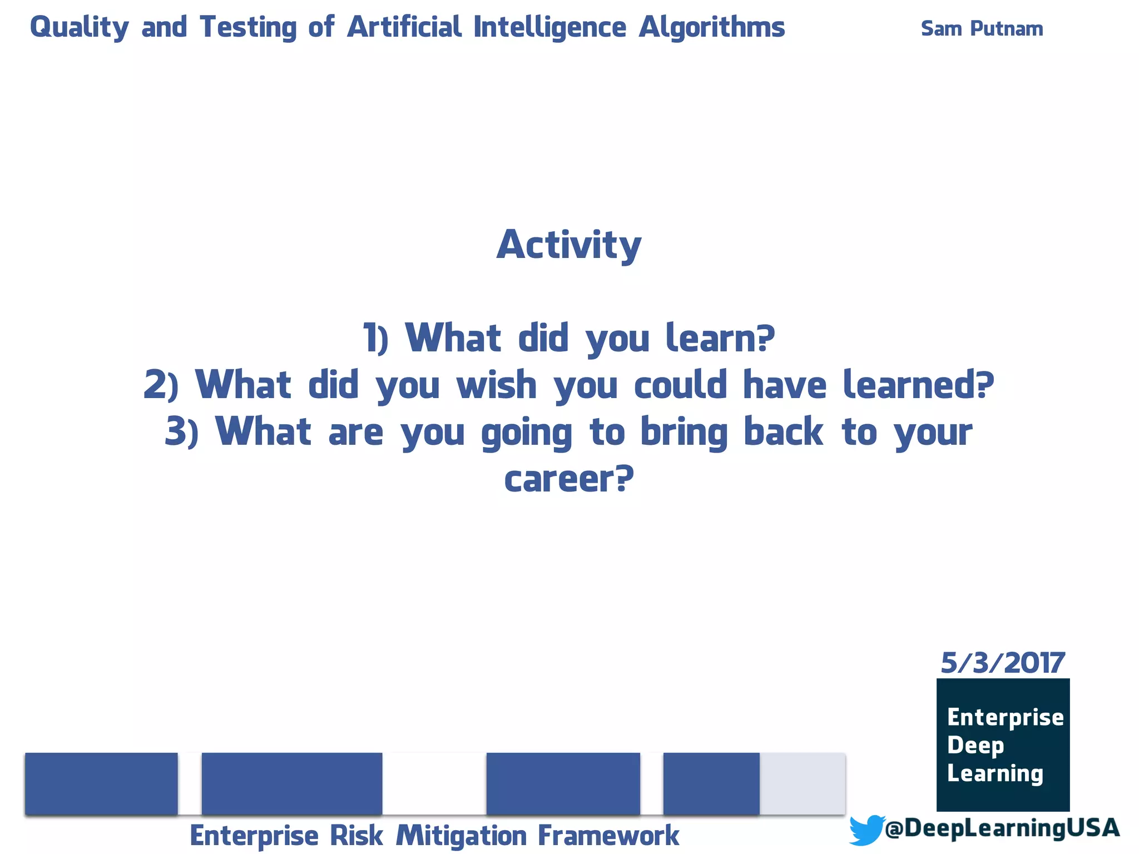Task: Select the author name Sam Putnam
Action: [982, 28]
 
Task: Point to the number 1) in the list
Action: [375, 338]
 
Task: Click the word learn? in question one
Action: [720, 338]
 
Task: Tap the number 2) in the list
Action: [161, 385]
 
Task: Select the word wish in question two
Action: [496, 385]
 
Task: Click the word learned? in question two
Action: [918, 385]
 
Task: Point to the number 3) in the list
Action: [181, 432]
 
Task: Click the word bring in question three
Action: [684, 432]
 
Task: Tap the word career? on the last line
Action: [568, 479]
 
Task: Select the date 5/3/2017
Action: [1002, 663]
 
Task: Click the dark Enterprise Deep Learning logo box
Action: [1003, 744]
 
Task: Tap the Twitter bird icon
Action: [866, 830]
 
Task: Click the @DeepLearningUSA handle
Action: [1002, 828]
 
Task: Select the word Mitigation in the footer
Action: [461, 836]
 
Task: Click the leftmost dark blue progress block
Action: [101, 783]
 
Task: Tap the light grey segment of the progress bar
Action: [802, 783]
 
